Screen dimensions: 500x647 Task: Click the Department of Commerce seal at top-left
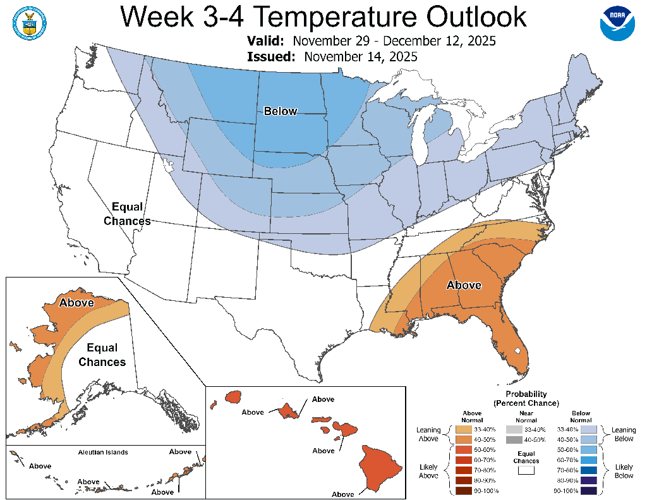click(28, 22)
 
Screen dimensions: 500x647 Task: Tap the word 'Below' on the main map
click(280, 111)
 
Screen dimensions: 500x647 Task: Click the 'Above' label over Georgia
click(464, 285)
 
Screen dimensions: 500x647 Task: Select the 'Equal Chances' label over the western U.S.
click(127, 214)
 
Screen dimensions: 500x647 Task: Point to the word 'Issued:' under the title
click(272, 57)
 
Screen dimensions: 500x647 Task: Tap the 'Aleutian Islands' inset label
click(103, 452)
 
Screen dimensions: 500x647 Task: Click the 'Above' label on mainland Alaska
click(76, 303)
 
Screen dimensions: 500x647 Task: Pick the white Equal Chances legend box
click(527, 469)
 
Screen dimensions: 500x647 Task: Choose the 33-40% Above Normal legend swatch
click(463, 429)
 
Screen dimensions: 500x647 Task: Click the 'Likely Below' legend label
click(624, 472)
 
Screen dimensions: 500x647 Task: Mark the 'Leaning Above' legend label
click(428, 434)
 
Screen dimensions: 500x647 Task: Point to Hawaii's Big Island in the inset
click(381, 467)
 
